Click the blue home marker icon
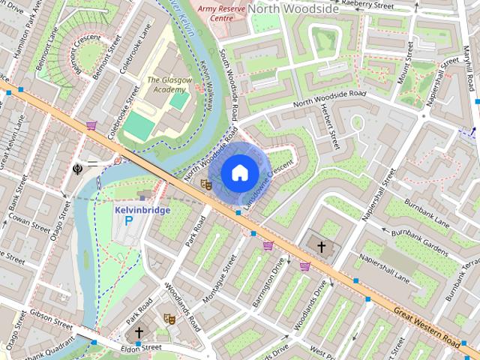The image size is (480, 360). pos(238,173)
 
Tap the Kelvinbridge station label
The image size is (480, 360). pos(142,210)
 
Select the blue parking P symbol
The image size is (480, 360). pos(128,222)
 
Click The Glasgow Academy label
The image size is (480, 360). pos(163,85)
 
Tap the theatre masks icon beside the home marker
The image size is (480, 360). pos(206,183)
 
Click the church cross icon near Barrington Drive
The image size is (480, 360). pos(322,246)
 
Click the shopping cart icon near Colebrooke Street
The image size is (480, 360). pos(91,125)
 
